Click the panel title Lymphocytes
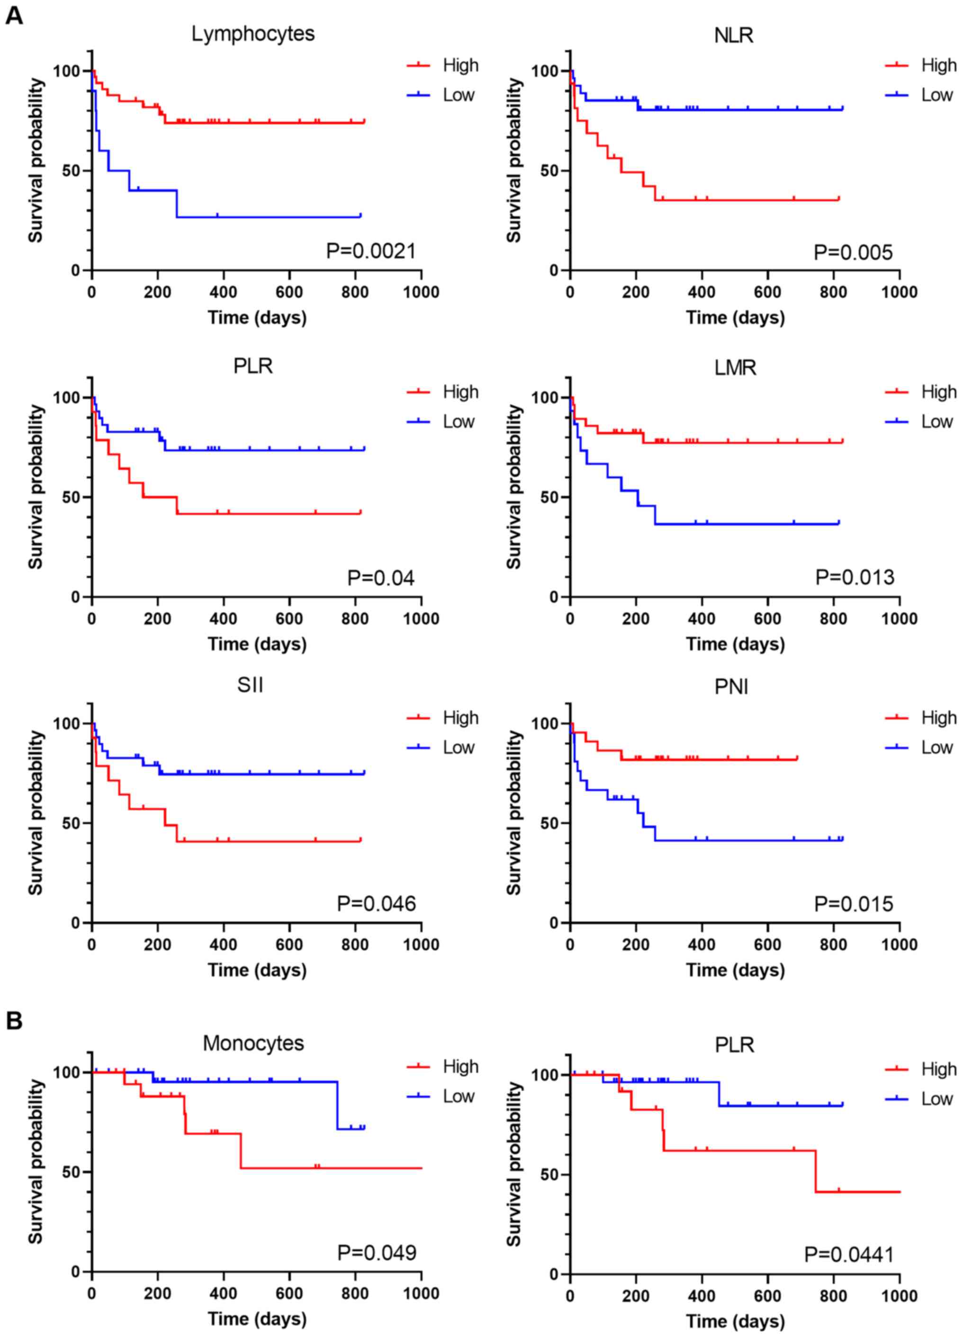coord(253,34)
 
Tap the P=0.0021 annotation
coord(371,251)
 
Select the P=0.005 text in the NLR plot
coord(853,252)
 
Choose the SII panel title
coord(250,685)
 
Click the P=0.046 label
coord(376,903)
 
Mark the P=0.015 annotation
coord(854,904)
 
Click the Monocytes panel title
coord(253,1043)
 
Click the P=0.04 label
coord(381,577)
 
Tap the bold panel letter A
coord(14,16)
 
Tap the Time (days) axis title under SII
coord(257,970)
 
